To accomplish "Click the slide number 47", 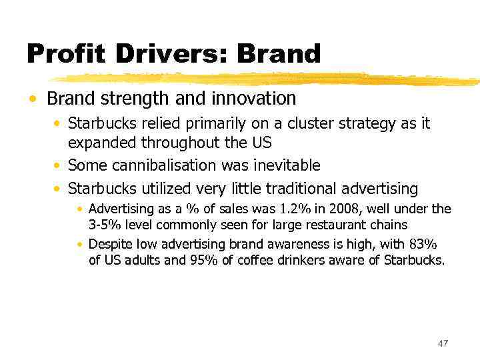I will (443, 343).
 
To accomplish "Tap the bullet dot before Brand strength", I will (33, 99).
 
